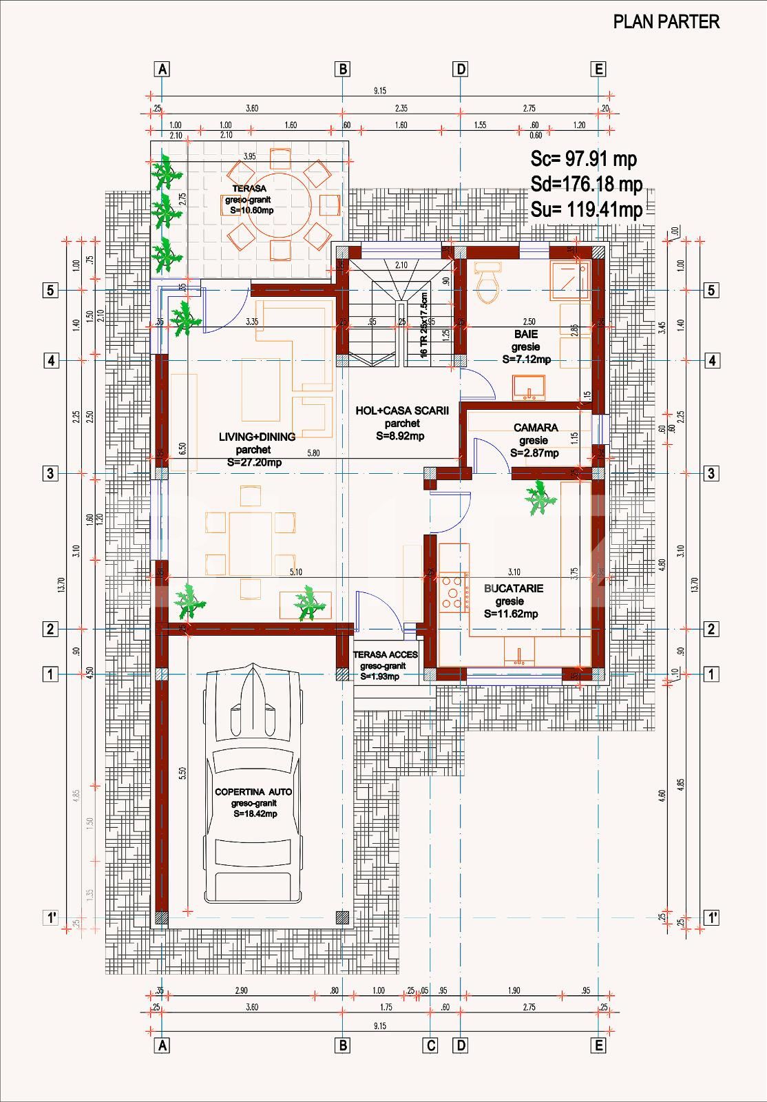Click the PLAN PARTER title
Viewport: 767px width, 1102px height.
click(x=666, y=22)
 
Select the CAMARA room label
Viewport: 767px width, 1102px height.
click(x=536, y=428)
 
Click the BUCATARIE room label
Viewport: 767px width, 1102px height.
click(x=513, y=588)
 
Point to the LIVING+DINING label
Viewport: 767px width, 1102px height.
click(x=257, y=437)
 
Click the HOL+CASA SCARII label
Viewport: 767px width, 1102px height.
click(x=402, y=410)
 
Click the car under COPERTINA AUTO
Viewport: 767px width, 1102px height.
click(x=253, y=785)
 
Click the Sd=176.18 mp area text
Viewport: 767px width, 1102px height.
click(x=586, y=185)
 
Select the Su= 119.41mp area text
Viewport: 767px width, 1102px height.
click(x=586, y=209)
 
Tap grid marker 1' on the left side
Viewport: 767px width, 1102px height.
click(x=51, y=917)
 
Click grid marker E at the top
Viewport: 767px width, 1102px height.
click(x=598, y=69)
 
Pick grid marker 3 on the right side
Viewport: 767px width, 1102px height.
click(x=712, y=473)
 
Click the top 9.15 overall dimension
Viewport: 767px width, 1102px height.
click(x=379, y=90)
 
